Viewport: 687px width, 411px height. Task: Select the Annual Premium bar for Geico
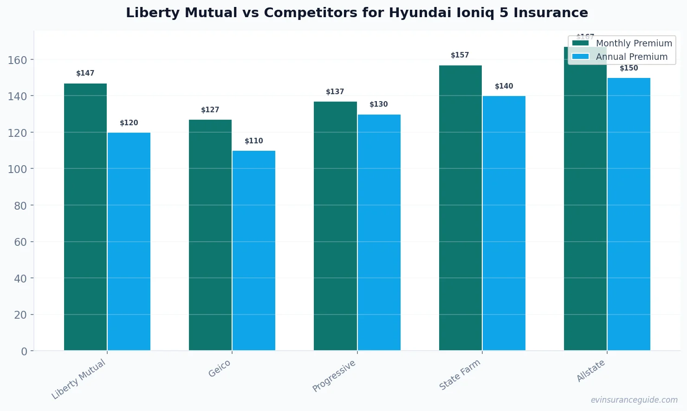pyautogui.click(x=254, y=250)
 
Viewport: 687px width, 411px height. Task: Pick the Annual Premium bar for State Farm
pyautogui.click(x=504, y=223)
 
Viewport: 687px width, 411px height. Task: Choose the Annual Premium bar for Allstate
pyautogui.click(x=629, y=214)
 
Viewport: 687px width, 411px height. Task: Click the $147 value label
pyautogui.click(x=85, y=73)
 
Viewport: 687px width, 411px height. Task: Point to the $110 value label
pyautogui.click(x=254, y=141)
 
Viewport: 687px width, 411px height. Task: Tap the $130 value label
pyautogui.click(x=379, y=104)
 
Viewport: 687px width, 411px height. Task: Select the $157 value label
pyautogui.click(x=460, y=55)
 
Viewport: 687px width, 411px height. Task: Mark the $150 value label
pyautogui.click(x=629, y=68)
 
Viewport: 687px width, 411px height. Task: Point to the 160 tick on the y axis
pyautogui.click(x=17, y=60)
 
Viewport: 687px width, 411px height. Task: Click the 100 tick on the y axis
pyautogui.click(x=17, y=169)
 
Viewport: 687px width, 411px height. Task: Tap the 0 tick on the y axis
pyautogui.click(x=24, y=352)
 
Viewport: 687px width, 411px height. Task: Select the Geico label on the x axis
pyautogui.click(x=220, y=369)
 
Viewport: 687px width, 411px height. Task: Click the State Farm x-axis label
pyautogui.click(x=460, y=375)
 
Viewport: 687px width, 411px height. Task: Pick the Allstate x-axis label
pyautogui.click(x=590, y=371)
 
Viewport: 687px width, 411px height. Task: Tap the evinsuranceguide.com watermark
pyautogui.click(x=634, y=400)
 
